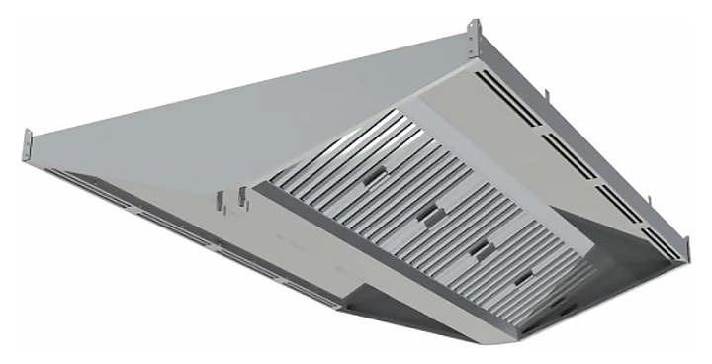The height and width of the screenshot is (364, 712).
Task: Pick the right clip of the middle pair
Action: (240, 196)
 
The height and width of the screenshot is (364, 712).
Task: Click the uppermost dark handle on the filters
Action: (374, 174)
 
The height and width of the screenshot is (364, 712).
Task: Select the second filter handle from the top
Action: (428, 212)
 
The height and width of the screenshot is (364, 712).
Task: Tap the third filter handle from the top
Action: (480, 245)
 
